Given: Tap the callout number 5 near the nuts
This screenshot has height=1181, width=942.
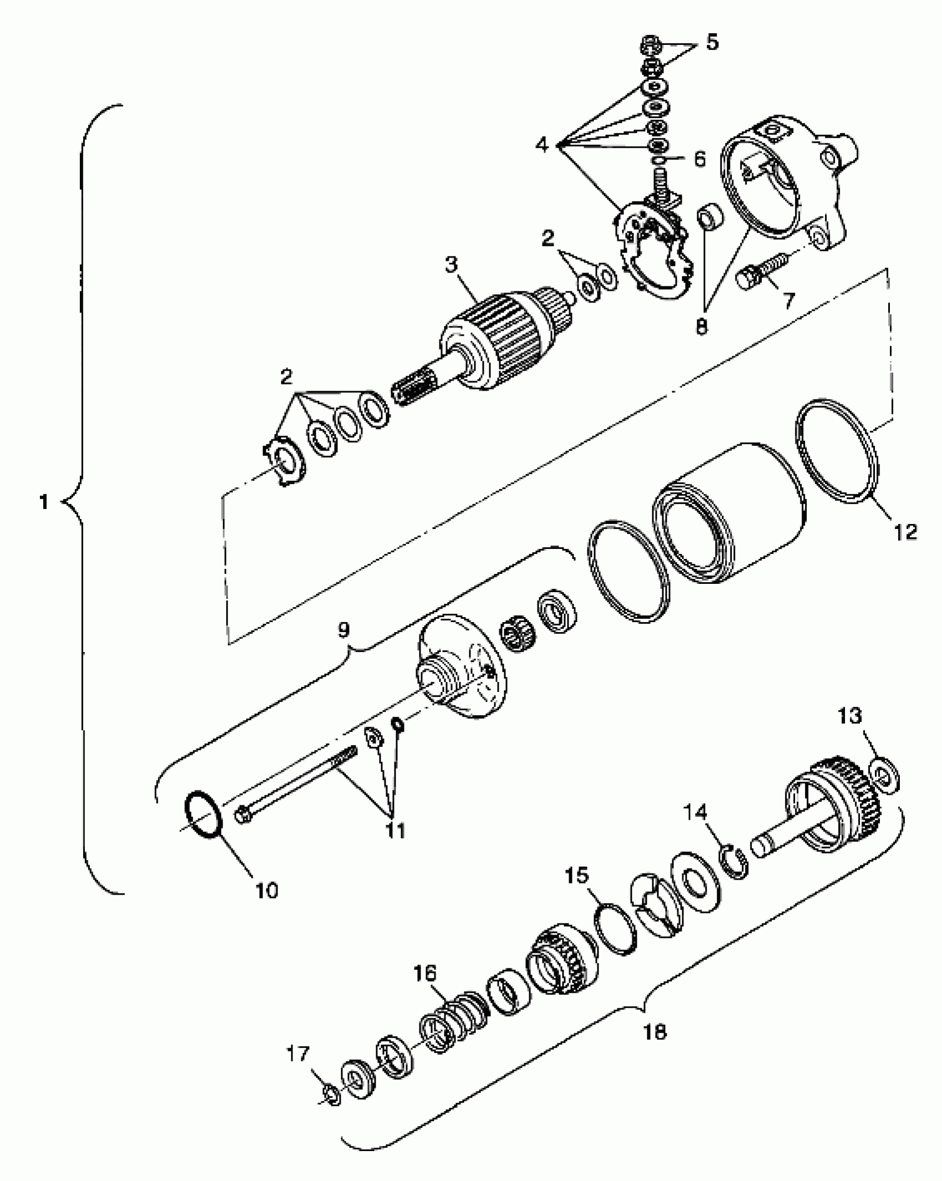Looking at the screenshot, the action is tap(712, 42).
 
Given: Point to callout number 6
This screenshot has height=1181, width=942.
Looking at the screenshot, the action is tap(700, 160).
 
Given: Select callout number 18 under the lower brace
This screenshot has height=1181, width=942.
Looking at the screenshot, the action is tap(656, 1031).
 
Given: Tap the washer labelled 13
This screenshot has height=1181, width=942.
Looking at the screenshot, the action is tap(885, 777).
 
